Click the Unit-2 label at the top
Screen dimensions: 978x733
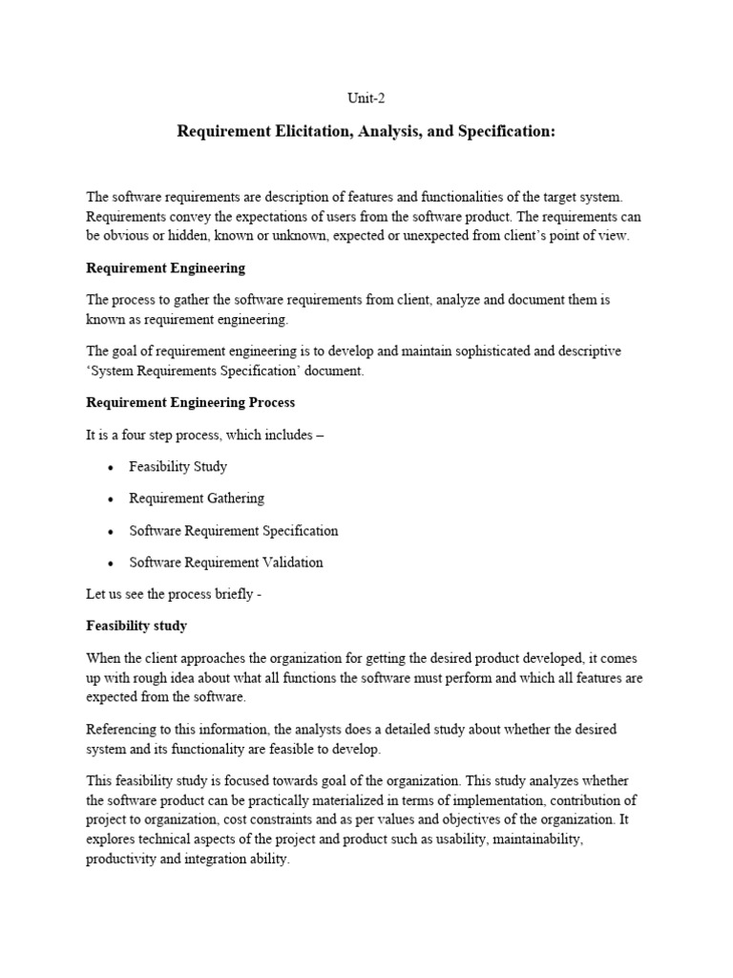(x=366, y=97)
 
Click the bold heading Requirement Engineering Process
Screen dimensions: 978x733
(x=190, y=403)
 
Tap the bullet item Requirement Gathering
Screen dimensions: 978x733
(x=197, y=499)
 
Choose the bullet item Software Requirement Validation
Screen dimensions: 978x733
(x=225, y=563)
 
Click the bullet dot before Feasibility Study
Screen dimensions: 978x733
(x=112, y=468)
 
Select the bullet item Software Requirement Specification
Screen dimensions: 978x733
(x=233, y=531)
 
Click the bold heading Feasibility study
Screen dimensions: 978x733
(x=136, y=627)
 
